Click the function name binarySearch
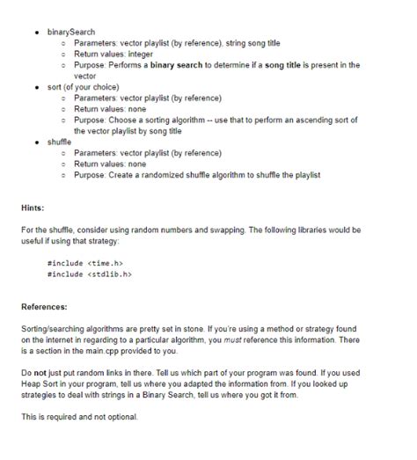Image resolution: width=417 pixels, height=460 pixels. click(74, 33)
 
